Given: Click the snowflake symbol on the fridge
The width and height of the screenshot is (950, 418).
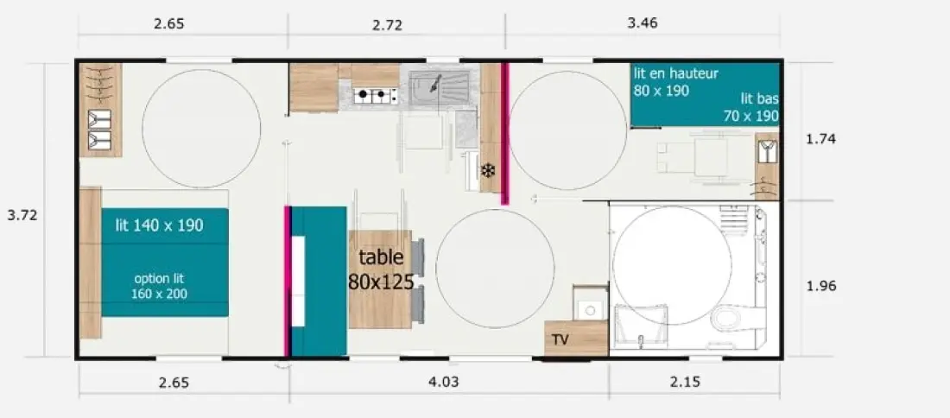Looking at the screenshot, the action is point(488,172).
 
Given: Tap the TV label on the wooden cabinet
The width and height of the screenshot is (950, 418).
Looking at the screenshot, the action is point(560,340).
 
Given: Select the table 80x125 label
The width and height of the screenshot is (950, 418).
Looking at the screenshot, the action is point(381,269).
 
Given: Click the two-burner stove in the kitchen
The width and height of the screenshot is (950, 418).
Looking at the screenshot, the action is point(376,94).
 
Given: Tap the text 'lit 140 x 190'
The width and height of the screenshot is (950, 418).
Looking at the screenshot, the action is point(160,226).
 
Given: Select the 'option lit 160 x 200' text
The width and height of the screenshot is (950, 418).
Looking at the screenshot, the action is point(159,287).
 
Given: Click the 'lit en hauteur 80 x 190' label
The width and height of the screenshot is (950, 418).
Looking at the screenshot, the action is point(675,82).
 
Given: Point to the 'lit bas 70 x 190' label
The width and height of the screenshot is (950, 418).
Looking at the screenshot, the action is point(751,107).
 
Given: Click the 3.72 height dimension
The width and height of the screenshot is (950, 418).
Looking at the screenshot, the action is point(22,215).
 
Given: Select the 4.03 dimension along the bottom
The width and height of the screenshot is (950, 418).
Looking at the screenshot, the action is point(443,382).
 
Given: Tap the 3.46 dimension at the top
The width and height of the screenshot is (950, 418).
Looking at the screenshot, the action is point(643,23).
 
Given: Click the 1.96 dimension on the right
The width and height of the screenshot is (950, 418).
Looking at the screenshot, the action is point(821,286).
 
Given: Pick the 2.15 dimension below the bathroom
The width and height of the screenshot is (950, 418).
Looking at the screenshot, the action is point(685,382).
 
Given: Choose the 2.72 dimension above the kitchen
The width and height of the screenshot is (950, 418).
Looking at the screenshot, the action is point(387,25).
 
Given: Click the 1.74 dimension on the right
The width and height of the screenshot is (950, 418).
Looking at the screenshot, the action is point(821,139).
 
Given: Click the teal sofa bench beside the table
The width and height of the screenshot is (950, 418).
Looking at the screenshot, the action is point(318,281).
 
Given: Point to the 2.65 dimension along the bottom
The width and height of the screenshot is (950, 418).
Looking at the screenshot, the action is point(174,383).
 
